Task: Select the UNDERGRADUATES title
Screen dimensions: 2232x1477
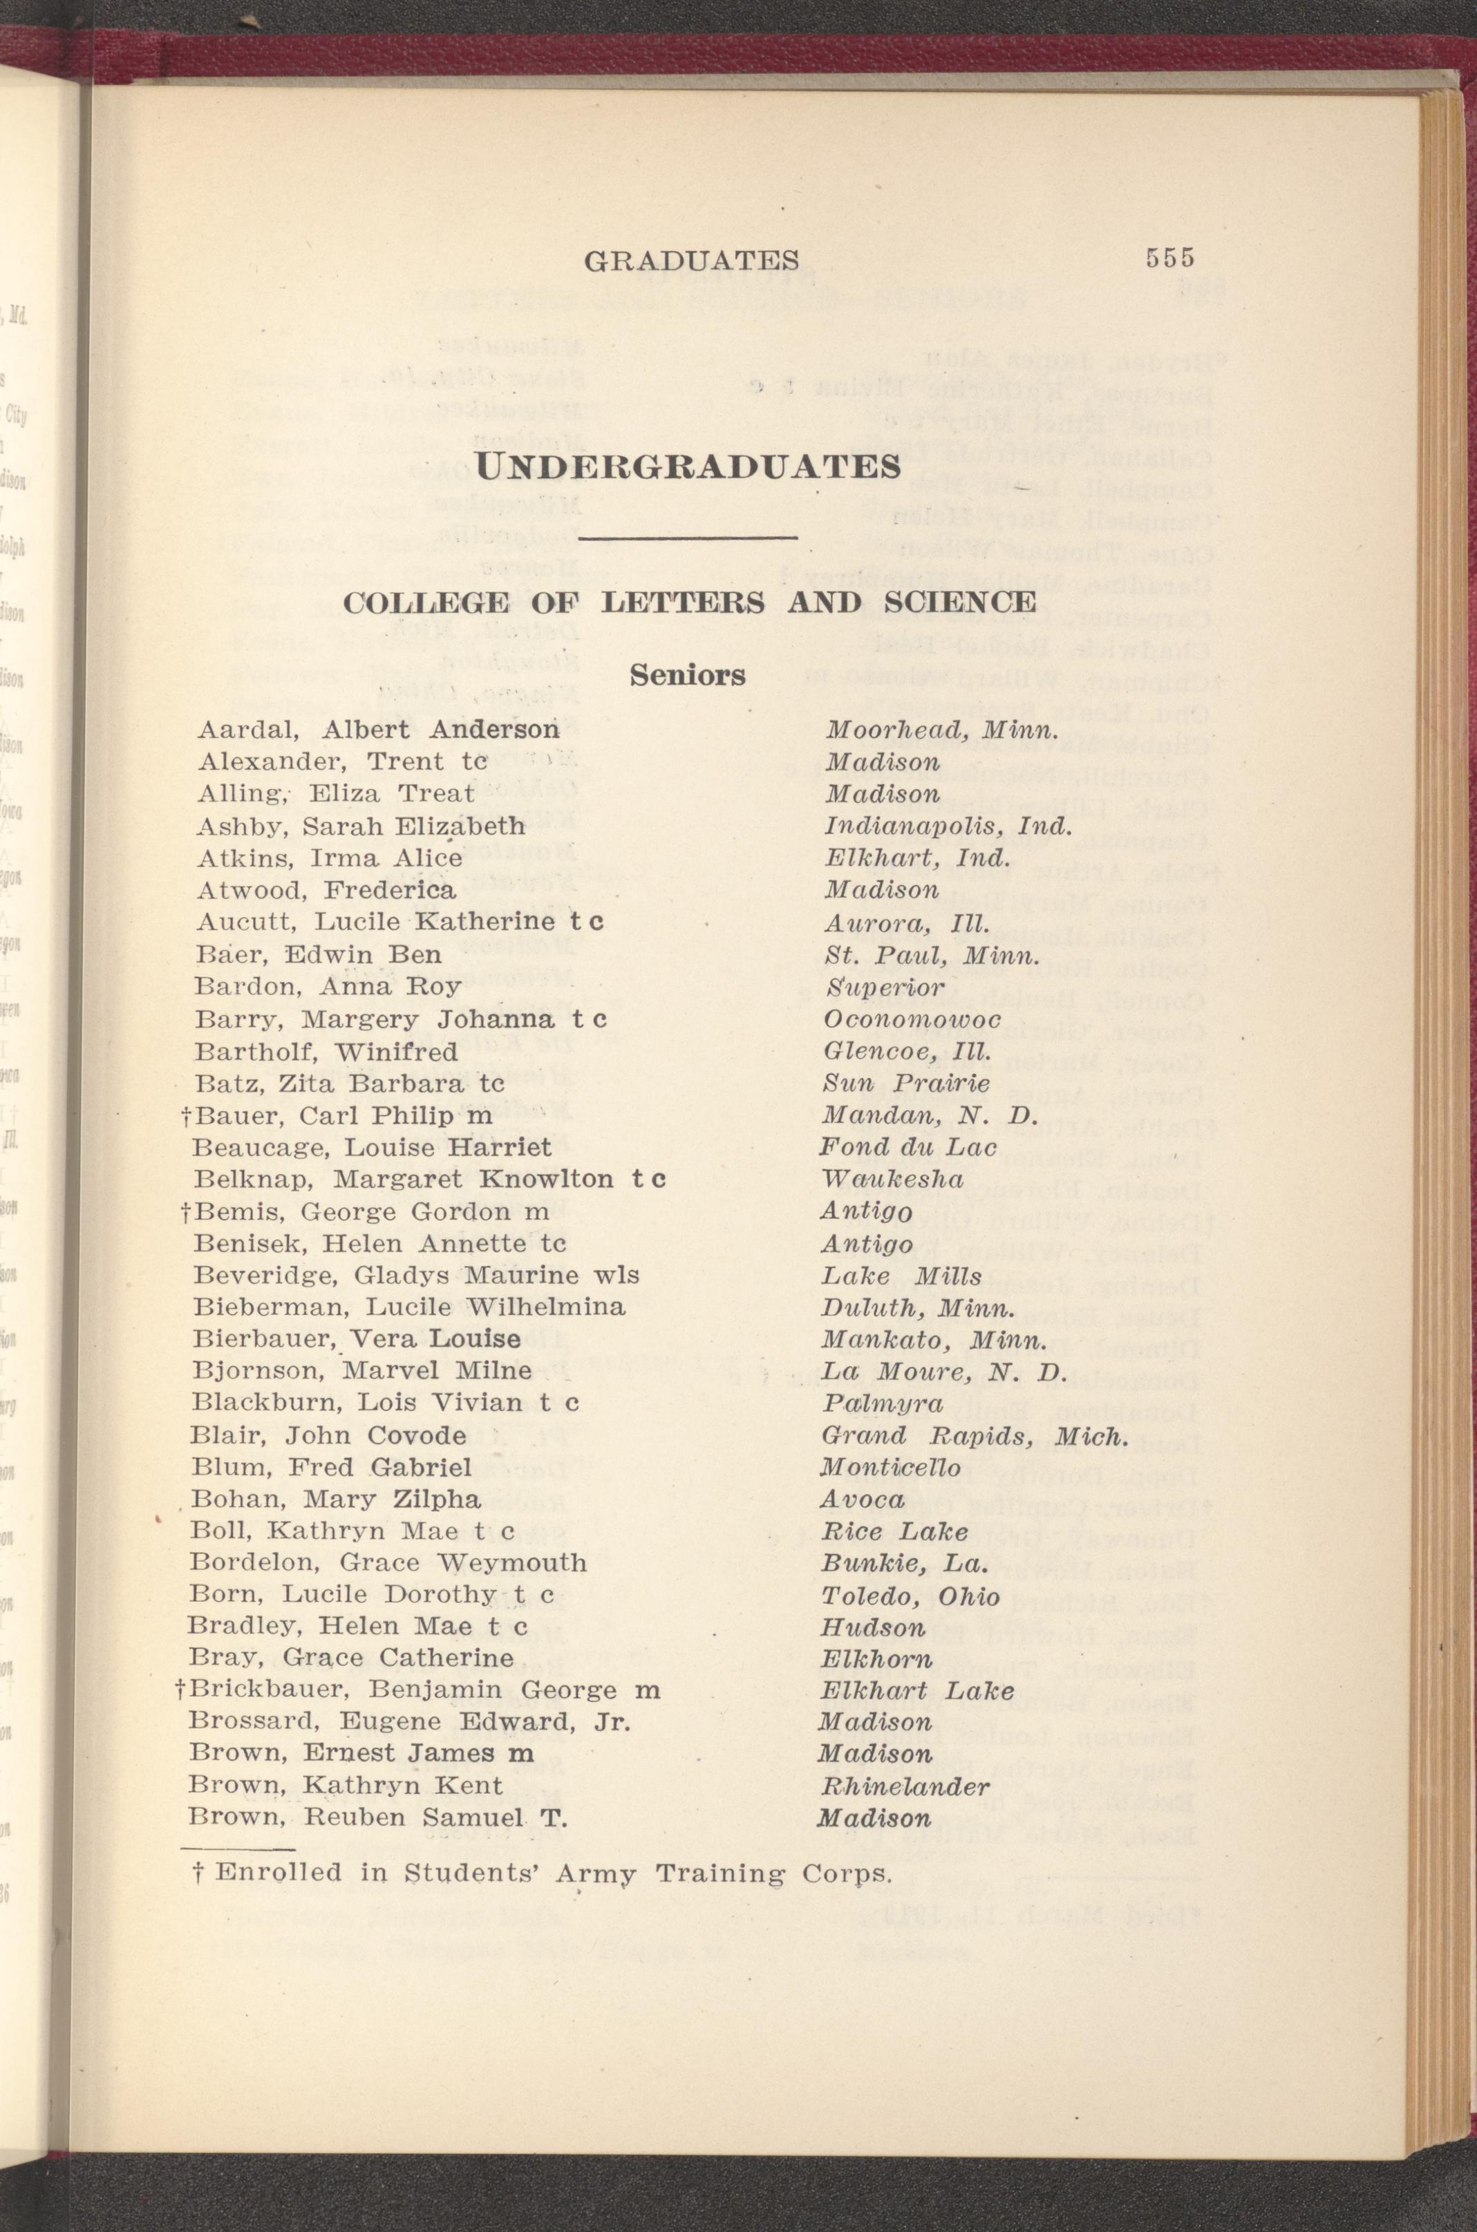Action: pyautogui.click(x=688, y=466)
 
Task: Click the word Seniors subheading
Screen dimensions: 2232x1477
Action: pyautogui.click(x=688, y=674)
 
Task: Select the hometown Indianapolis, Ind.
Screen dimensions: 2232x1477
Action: pyautogui.click(x=948, y=827)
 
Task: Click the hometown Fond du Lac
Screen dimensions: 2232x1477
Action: pyautogui.click(x=908, y=1147)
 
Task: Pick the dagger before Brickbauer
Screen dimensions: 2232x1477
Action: pyautogui.click(x=180, y=1690)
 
